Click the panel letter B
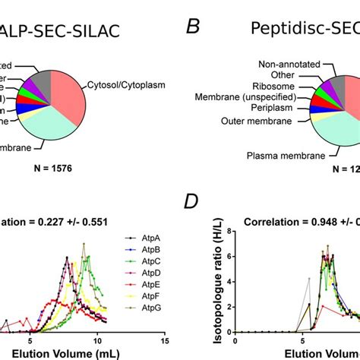pos(194,29)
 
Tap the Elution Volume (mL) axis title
pos(53,353)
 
